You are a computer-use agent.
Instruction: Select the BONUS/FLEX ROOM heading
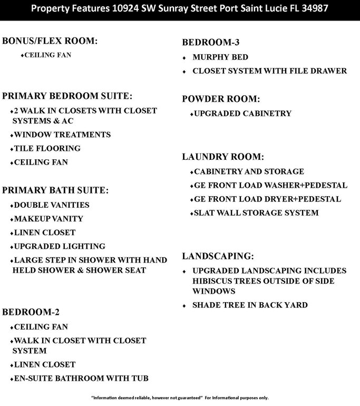(x=50, y=41)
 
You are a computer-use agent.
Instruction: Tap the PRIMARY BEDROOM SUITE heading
(x=66, y=96)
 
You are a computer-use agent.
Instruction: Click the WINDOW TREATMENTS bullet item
(x=62, y=135)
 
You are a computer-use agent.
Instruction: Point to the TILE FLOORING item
(x=46, y=149)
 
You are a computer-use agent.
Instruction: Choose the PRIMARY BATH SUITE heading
(x=55, y=190)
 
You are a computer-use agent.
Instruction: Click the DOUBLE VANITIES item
(x=51, y=205)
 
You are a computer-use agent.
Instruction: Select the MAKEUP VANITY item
(x=48, y=219)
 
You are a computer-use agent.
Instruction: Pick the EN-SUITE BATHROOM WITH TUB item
(x=81, y=378)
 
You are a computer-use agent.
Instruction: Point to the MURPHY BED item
(x=220, y=57)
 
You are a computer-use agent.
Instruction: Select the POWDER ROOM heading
(x=221, y=99)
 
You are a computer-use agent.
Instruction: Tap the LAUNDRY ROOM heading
(x=223, y=157)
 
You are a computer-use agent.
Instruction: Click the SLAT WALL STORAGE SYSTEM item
(x=256, y=213)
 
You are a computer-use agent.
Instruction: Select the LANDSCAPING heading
(x=218, y=256)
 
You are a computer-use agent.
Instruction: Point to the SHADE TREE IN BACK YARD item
(x=250, y=305)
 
